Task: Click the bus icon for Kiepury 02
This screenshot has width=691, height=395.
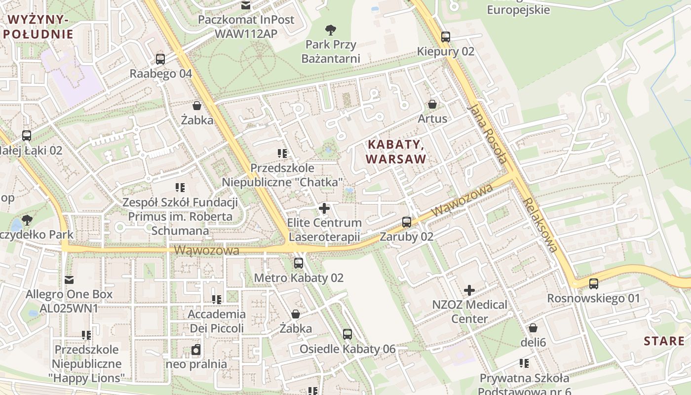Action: click(x=446, y=37)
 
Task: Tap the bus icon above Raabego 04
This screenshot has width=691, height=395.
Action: click(x=160, y=59)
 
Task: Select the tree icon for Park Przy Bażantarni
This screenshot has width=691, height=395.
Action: click(x=331, y=30)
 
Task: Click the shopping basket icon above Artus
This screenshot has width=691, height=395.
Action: click(x=432, y=104)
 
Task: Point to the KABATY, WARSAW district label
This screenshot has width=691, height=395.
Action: click(x=396, y=152)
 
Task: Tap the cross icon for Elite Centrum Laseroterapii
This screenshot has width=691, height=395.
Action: click(x=324, y=208)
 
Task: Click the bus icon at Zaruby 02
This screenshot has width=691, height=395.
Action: click(x=407, y=222)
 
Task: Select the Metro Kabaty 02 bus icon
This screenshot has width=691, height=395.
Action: click(x=299, y=263)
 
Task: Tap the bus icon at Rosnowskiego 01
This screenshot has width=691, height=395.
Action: click(x=594, y=284)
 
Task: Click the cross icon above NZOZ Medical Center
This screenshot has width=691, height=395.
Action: click(x=469, y=290)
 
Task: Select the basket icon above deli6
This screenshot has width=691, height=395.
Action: click(x=533, y=328)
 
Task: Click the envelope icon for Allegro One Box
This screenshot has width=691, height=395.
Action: click(x=69, y=280)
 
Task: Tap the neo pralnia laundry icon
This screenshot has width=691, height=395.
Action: click(x=196, y=350)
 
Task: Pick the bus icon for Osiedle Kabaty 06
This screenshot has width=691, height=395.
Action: click(x=347, y=334)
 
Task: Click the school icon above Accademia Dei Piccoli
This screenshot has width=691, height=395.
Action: click(x=216, y=300)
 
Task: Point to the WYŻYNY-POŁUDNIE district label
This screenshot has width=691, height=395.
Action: click(x=38, y=27)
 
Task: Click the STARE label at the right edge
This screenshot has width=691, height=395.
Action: click(x=664, y=341)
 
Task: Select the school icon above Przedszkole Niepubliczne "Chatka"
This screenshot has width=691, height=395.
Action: click(x=282, y=154)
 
